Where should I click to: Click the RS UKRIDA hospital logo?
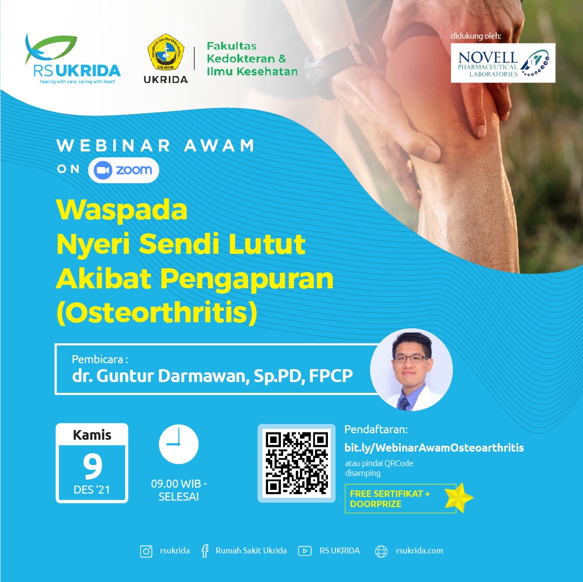click(x=73, y=59)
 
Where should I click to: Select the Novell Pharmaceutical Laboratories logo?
click(x=503, y=63)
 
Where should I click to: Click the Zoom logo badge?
click(x=124, y=170)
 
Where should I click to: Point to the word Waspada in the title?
click(x=121, y=210)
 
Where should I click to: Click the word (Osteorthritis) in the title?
click(x=156, y=313)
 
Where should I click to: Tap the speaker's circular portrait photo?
click(x=411, y=370)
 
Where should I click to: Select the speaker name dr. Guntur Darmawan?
click(x=159, y=376)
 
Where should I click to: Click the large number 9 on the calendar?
click(x=92, y=466)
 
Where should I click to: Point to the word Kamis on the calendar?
click(x=92, y=435)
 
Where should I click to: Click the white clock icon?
click(x=179, y=444)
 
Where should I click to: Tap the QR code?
click(x=296, y=463)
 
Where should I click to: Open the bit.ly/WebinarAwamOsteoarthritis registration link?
click(x=434, y=448)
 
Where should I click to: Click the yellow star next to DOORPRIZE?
click(x=459, y=498)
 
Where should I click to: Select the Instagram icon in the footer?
click(x=146, y=551)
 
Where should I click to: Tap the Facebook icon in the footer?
click(x=205, y=551)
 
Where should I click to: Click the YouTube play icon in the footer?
click(x=305, y=551)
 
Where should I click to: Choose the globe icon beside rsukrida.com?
click(x=381, y=551)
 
